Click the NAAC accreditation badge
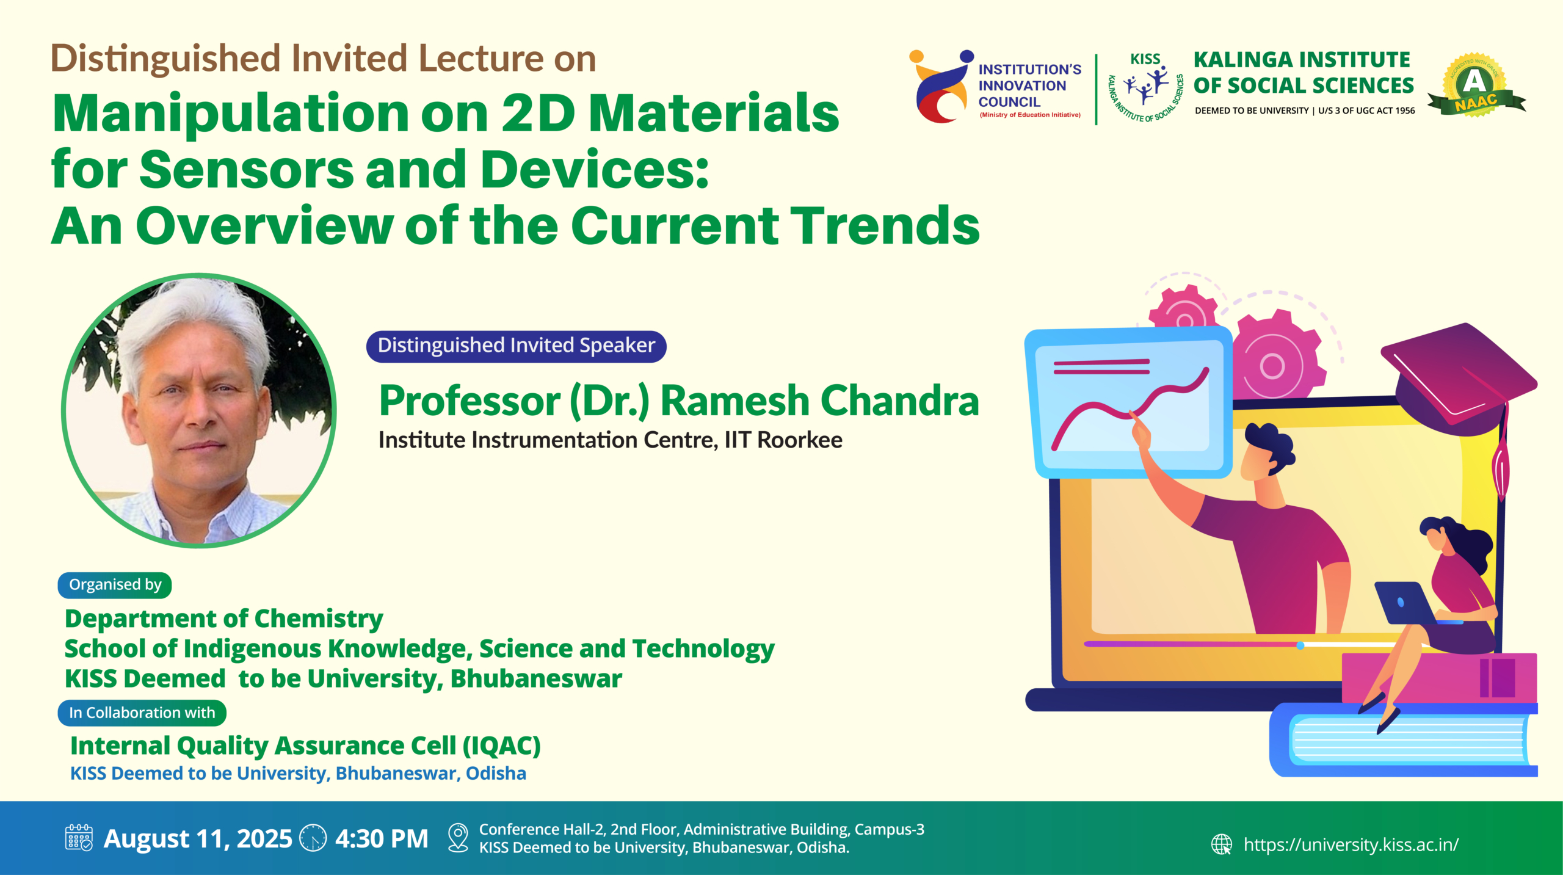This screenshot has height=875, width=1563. [1476, 85]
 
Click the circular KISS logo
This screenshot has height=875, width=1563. [1146, 87]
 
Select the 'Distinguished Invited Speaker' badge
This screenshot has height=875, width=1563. [516, 346]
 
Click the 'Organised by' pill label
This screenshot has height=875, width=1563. [115, 585]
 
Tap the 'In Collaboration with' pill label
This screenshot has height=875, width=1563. [142, 713]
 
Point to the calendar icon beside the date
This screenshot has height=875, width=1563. [79, 838]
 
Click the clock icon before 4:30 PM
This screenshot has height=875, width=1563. [313, 838]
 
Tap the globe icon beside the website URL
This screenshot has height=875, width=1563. [1222, 844]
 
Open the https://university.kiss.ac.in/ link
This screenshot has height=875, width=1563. [1351, 844]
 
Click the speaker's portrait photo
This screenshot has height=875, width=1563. [198, 410]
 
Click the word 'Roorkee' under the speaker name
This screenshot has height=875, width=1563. [800, 440]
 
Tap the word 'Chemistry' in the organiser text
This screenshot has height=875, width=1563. [319, 619]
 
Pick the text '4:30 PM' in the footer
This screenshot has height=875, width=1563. [382, 838]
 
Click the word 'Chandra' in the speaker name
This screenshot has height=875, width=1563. [900, 401]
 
